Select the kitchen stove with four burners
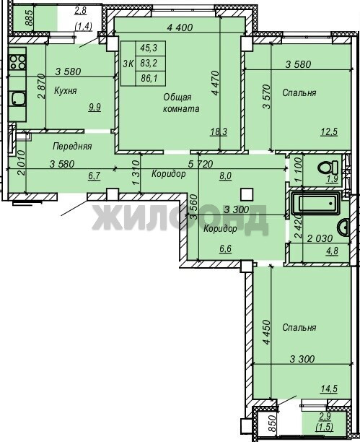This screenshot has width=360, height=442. tap(17, 62)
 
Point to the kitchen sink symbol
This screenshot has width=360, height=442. tap(18, 99)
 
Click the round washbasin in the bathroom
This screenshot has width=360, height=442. tap(343, 227)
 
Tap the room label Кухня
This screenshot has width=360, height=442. tap(65, 91)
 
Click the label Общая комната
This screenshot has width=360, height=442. tap(181, 103)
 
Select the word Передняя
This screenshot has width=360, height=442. tap(72, 147)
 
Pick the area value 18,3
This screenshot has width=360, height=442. tap(219, 131)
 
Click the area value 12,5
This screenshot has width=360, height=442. tap(329, 131)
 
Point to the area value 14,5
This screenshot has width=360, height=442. tap(329, 389)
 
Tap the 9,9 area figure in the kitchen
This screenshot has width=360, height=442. tap(95, 108)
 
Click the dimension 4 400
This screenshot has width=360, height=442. tap(180, 27)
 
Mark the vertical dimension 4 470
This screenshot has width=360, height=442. tap(215, 83)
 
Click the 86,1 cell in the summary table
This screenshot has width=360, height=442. tap(149, 79)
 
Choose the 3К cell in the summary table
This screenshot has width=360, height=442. tap(128, 64)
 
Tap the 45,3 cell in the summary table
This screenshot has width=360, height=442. tap(149, 48)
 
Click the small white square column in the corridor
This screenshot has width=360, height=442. tap(247, 194)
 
